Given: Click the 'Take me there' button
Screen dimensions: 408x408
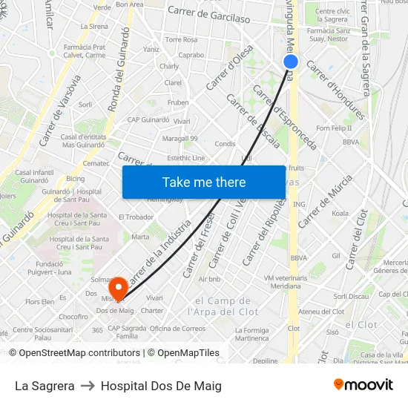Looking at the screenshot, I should [204, 182].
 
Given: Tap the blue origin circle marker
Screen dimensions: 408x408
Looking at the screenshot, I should [291, 62].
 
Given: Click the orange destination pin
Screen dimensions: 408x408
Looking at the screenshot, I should [117, 286].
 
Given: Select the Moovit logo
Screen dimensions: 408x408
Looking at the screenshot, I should [363, 384].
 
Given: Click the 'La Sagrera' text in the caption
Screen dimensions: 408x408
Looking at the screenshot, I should [45, 386].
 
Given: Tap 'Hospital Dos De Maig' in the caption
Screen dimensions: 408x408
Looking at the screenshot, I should [161, 386].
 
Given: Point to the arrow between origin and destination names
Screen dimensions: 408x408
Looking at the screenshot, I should [88, 386].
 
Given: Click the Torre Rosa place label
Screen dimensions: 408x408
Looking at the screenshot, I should [181, 39].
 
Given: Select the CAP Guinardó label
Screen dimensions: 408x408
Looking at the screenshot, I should [149, 119].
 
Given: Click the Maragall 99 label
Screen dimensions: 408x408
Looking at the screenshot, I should [180, 138].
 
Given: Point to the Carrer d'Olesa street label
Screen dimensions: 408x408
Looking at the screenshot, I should [230, 67].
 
